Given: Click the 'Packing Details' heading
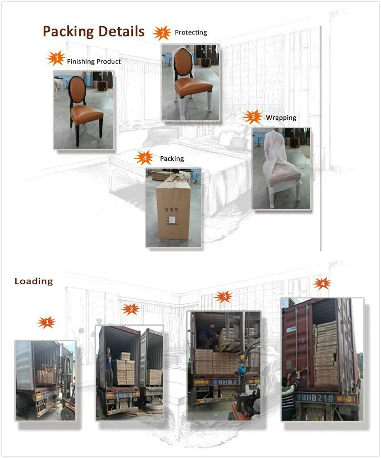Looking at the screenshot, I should pos(94,32).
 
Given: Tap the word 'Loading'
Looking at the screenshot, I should pos(33,281).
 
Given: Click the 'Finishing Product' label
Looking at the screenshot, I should pos(94,62).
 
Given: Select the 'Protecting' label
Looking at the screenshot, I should pos(191,33).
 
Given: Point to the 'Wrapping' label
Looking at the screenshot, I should pos(281,118).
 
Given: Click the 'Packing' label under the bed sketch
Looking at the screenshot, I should pos(172,159).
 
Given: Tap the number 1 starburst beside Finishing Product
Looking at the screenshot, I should pos(56,59).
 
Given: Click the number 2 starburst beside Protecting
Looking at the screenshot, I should pos(161,33).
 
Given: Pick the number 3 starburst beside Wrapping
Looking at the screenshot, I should pos(253,117).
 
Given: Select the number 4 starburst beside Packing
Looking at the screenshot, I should pos(144,158).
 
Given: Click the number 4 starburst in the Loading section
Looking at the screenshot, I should pos(322,283).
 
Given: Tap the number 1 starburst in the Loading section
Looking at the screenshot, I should pos(46,322).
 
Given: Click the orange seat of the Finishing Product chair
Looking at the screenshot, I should pos(86,115).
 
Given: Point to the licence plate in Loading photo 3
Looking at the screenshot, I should pos(226,382).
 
